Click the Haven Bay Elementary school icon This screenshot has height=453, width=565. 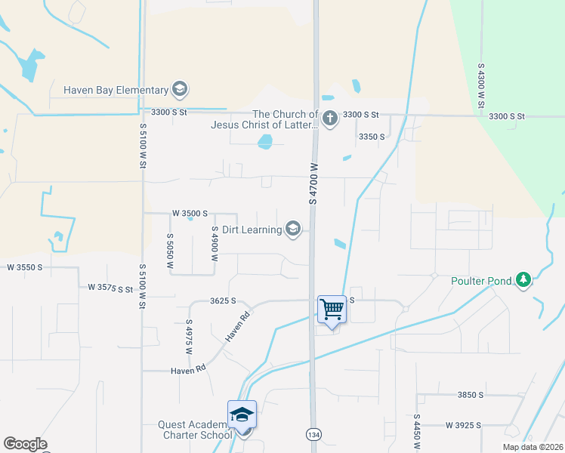pos(180,90)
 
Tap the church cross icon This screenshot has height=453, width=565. pos(329,119)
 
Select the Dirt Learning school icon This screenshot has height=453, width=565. pos(293,229)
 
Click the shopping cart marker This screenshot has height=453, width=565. pos(332,309)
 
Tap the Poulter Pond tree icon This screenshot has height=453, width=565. pos(523,280)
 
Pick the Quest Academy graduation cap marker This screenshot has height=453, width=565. pos(242,414)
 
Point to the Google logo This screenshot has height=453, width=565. pos(25,444)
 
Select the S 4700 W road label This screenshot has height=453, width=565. pos(312,183)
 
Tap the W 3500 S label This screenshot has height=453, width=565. pos(190,214)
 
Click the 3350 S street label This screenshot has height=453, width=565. pos(372,137)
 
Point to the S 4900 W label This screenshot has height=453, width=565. pos(215,243)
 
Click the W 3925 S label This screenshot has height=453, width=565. pos(463,426)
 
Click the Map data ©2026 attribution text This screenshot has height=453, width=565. pos(532,447)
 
